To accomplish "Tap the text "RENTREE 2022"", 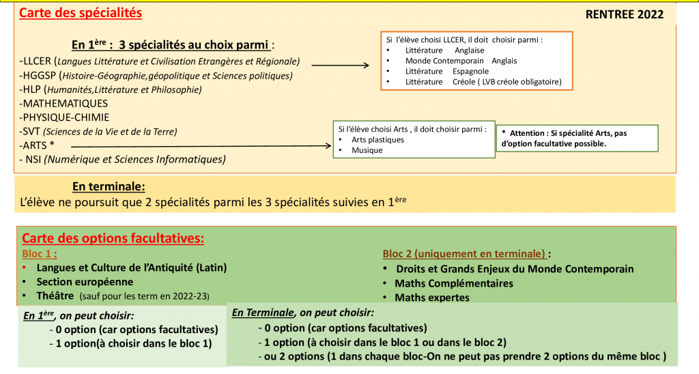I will (x=624, y=15).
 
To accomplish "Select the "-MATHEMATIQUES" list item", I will (x=64, y=103).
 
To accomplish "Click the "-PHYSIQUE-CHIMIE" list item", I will (x=65, y=117).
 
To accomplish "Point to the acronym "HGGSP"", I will (x=40, y=76).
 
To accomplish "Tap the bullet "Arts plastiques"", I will (x=377, y=140).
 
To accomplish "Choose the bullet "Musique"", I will (x=367, y=150).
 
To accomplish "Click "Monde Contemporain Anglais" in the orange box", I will (x=461, y=61).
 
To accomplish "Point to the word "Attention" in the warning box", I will (x=528, y=133).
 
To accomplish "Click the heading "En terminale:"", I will (x=109, y=186).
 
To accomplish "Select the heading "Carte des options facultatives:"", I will (x=113, y=238).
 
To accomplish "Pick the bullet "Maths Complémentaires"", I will (x=454, y=283).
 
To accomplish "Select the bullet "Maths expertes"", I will (x=432, y=298).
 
